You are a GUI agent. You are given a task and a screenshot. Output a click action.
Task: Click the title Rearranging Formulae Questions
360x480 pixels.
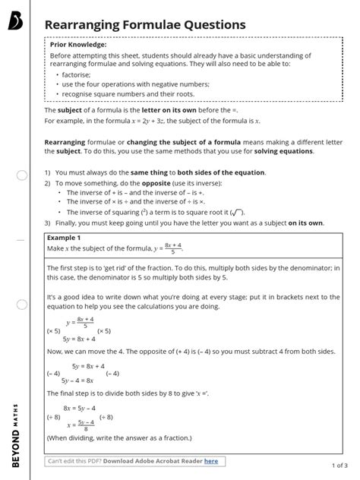(145, 25)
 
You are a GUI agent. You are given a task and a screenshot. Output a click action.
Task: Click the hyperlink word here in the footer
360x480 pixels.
(210, 460)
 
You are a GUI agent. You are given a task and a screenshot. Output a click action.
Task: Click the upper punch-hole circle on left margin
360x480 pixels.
(21, 175)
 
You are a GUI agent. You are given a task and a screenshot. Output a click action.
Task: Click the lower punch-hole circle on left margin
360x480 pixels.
(21, 305)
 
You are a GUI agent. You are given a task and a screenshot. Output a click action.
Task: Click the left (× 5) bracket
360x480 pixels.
(53, 331)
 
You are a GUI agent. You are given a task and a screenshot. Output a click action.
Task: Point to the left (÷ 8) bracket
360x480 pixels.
(53, 417)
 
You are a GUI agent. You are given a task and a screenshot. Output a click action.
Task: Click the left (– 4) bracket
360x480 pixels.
(53, 373)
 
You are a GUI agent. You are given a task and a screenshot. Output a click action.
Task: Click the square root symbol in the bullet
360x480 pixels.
(237, 212)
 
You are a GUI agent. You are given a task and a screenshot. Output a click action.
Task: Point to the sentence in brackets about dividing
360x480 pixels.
(119, 438)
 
